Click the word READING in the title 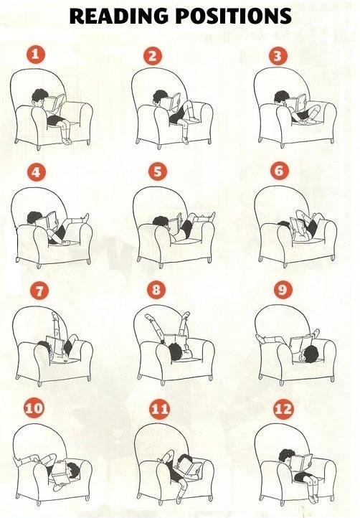click(118, 16)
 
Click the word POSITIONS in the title click(234, 16)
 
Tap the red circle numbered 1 click(35, 55)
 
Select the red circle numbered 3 click(278, 56)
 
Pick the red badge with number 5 click(158, 171)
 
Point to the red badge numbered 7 click(39, 291)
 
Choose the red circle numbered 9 click(283, 289)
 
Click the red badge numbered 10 click(34, 408)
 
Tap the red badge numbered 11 click(159, 410)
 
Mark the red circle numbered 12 click(284, 410)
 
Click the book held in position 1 click(55, 103)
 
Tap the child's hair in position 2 click(159, 95)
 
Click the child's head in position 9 click(310, 354)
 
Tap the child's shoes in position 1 click(67, 141)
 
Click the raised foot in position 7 click(55, 316)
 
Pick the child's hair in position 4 click(34, 217)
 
